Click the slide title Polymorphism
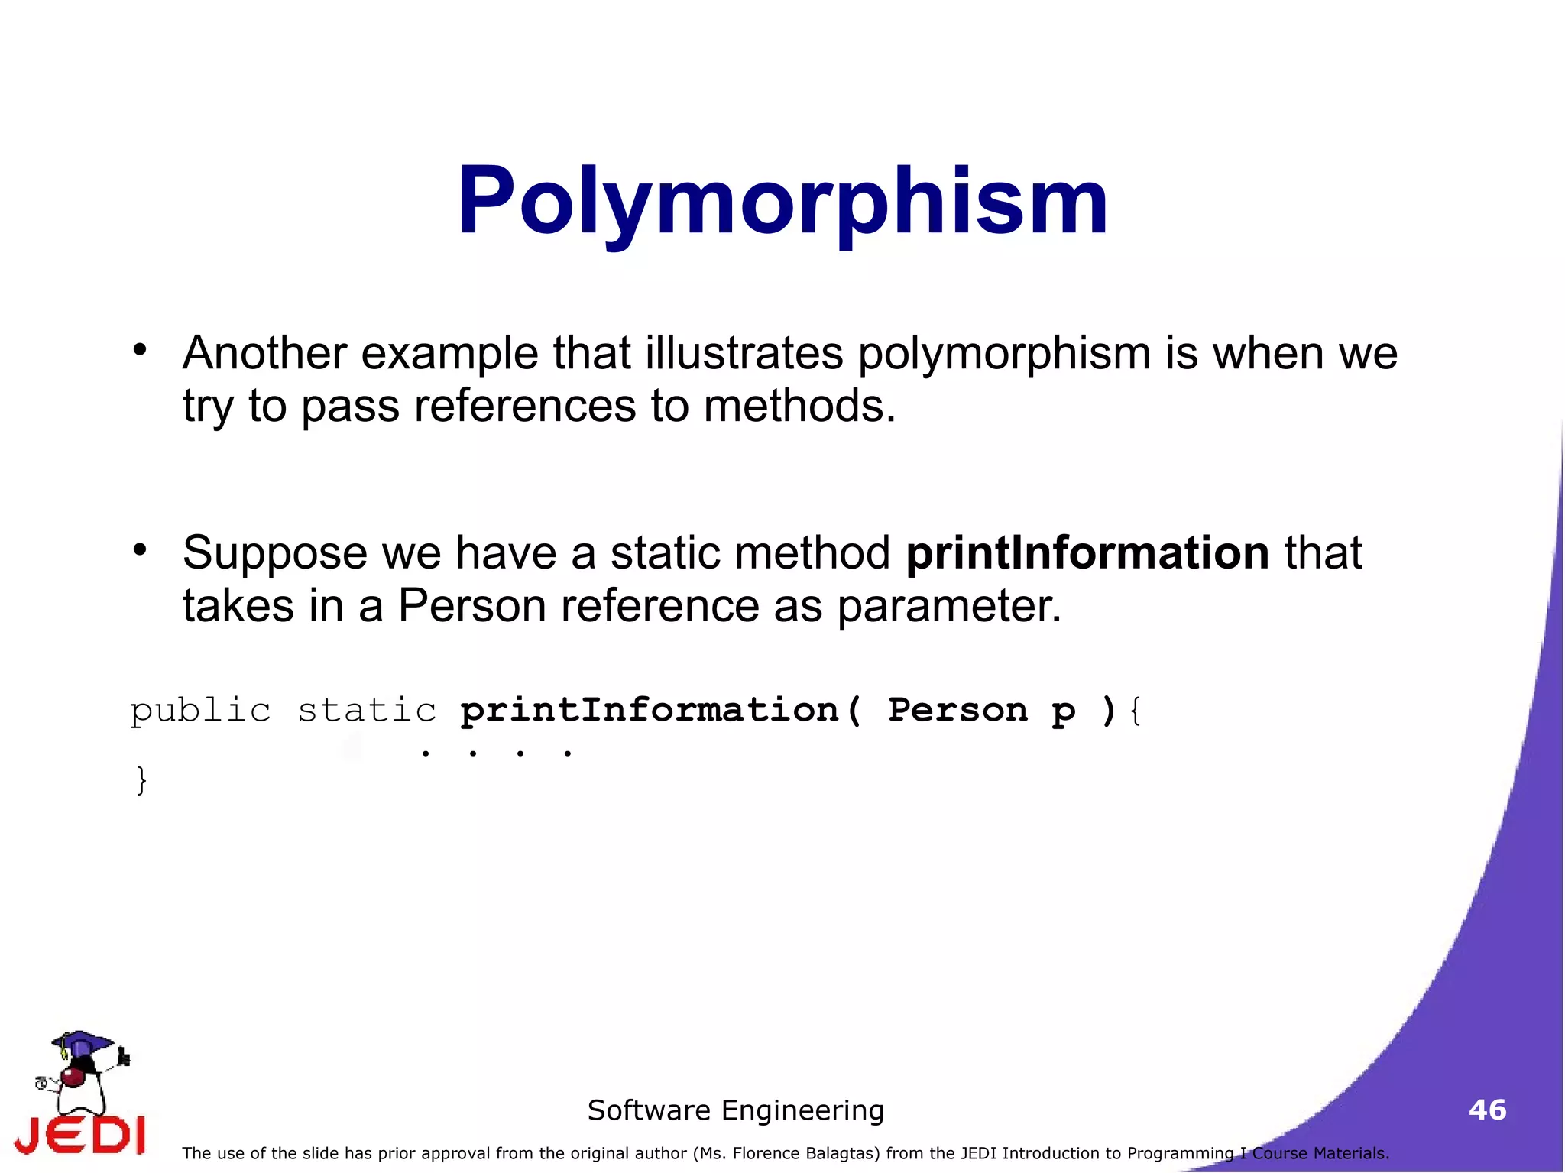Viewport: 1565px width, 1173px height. pyautogui.click(x=782, y=202)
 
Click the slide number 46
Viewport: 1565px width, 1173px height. pyautogui.click(x=1487, y=1110)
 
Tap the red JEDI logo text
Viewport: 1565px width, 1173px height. pyautogui.click(x=80, y=1135)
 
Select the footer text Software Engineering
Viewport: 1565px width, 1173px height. pyautogui.click(x=735, y=1110)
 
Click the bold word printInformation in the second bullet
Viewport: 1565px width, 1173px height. pyautogui.click(x=1087, y=552)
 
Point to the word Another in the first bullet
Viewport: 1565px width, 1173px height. pyautogui.click(x=264, y=353)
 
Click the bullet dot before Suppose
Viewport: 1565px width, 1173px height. pyautogui.click(x=139, y=549)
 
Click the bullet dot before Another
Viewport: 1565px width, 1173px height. pyautogui.click(x=139, y=350)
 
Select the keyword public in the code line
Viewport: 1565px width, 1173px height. pyautogui.click(x=200, y=711)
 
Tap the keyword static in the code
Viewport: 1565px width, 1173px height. pyautogui.click(x=367, y=711)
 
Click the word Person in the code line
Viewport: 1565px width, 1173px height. pyautogui.click(x=957, y=711)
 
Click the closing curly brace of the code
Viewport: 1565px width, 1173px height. pyautogui.click(x=141, y=780)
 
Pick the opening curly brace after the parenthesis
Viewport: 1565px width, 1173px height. pyautogui.click(x=1135, y=711)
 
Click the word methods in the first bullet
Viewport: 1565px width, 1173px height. pyautogui.click(x=799, y=406)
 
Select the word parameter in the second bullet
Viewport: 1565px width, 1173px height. pyautogui.click(x=949, y=606)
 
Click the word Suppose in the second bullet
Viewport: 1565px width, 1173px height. pyautogui.click(x=274, y=552)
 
